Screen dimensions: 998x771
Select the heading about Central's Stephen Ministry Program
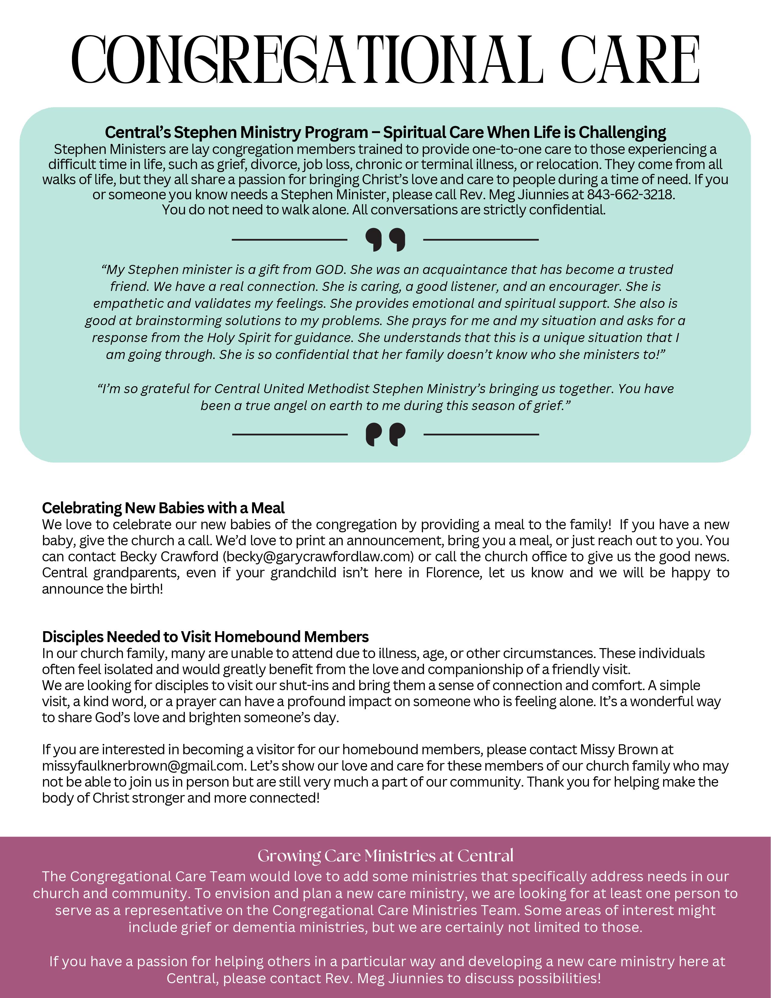385,132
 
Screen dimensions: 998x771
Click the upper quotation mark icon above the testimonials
385,240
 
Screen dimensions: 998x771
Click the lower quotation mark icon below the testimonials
385,434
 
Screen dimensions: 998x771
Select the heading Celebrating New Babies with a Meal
163,508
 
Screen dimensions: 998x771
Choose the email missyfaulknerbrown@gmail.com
142,765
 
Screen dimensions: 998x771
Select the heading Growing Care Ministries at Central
385,856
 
